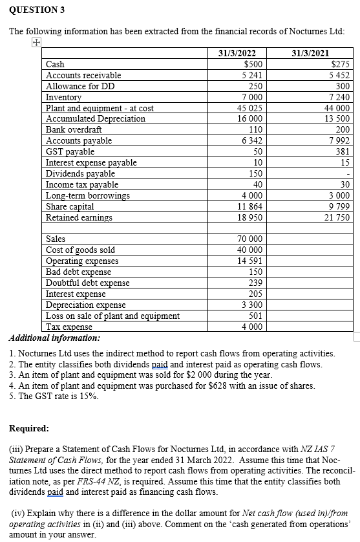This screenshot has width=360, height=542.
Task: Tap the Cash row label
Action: click(x=56, y=65)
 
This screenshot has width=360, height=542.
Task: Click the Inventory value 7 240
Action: click(x=339, y=97)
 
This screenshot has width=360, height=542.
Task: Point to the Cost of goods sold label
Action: click(x=80, y=250)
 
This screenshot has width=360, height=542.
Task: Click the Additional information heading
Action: click(x=54, y=338)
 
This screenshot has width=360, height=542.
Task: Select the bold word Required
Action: click(x=29, y=428)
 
